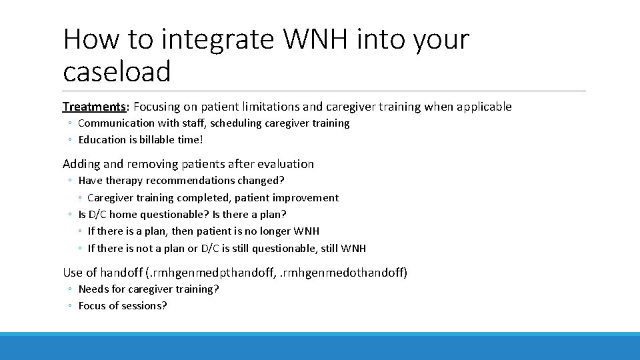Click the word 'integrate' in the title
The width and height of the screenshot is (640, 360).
coord(217,40)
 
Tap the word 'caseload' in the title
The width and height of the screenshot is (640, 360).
coord(117,71)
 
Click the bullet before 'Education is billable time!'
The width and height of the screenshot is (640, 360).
coord(70,140)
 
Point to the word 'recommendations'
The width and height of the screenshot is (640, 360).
coord(200,181)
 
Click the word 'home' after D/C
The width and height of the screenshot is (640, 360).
coord(123,215)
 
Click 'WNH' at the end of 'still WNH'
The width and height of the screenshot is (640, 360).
coord(353,249)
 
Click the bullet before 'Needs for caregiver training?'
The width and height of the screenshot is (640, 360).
coord(70,289)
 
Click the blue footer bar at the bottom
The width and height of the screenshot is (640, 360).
coord(320,347)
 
